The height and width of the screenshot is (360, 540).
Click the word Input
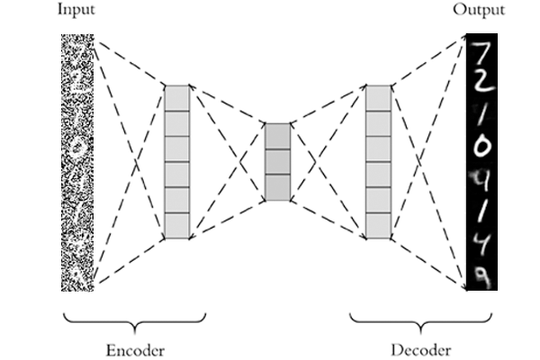click(76, 10)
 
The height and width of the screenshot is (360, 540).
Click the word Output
click(479, 10)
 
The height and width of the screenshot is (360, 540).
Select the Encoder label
click(135, 350)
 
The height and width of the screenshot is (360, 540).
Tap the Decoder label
click(421, 350)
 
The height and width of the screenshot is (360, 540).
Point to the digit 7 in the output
click(482, 54)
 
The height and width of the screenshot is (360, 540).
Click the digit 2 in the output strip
click(484, 82)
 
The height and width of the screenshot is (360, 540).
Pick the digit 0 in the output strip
click(481, 147)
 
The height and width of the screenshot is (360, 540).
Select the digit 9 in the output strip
click(481, 278)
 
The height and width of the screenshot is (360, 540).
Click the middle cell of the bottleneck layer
click(277, 162)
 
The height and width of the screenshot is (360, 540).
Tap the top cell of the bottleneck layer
click(277, 137)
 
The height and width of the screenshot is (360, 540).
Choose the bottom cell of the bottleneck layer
click(277, 188)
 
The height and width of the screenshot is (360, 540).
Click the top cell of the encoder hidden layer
click(177, 98)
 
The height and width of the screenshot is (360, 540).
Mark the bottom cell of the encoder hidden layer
click(177, 226)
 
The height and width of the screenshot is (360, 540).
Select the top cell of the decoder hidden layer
click(379, 98)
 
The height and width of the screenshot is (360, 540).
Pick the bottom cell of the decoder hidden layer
click(379, 226)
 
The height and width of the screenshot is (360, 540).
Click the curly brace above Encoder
click(135, 323)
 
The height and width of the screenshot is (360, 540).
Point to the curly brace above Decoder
click(421, 323)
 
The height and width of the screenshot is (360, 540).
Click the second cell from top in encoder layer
click(177, 123)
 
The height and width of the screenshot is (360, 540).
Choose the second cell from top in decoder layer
click(379, 123)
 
